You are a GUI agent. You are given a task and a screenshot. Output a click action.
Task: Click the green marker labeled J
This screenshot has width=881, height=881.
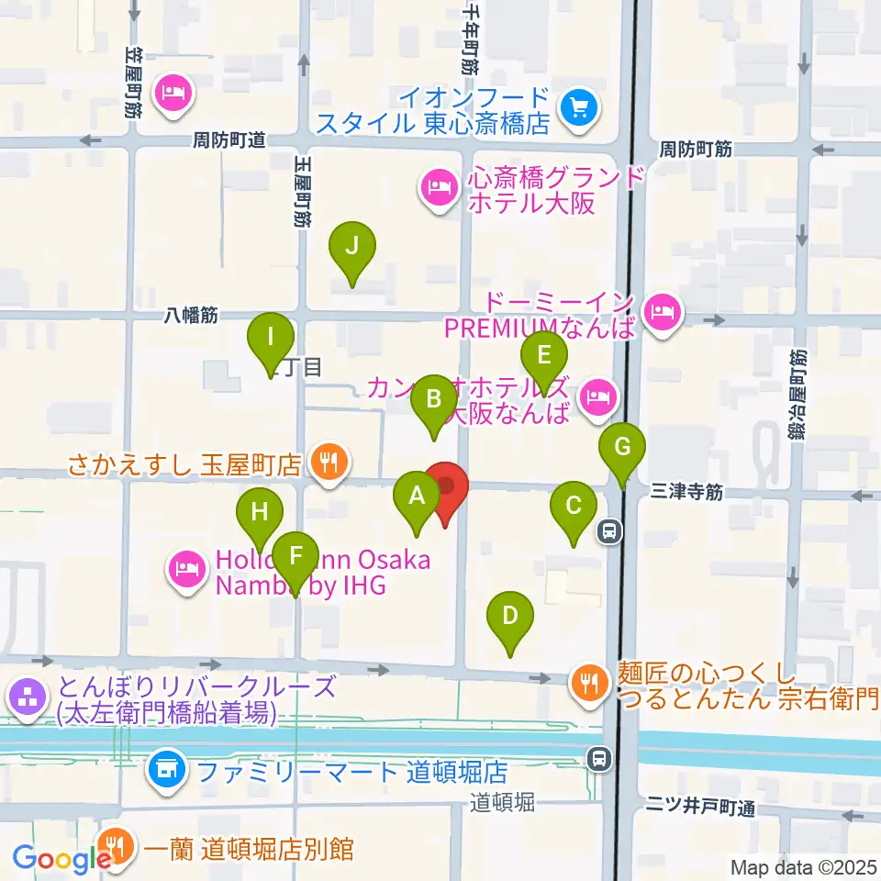[352, 246]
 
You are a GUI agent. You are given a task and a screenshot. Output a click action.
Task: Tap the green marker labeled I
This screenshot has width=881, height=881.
[271, 337]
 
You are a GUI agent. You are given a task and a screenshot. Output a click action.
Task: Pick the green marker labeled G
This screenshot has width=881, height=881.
[622, 449]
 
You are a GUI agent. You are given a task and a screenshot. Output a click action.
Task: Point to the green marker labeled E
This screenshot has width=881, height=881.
[543, 354]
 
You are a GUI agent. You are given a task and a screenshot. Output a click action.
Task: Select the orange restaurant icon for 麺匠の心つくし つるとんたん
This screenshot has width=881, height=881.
[587, 680]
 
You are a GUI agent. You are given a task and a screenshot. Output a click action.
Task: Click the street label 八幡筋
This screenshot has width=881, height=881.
[193, 315]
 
